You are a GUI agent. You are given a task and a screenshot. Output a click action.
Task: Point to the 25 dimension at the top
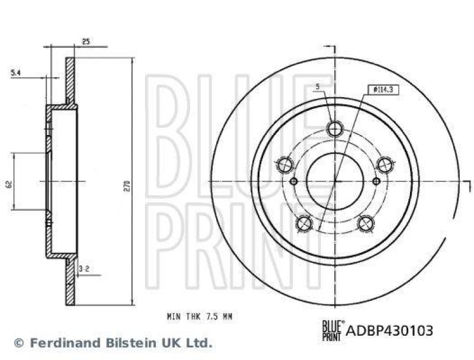coord(85,41)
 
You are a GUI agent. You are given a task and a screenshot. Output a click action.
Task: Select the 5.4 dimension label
coord(16,72)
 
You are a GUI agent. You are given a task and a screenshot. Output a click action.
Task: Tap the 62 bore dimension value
coord(8,184)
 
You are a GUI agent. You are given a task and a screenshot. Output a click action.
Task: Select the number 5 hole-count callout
coord(318,87)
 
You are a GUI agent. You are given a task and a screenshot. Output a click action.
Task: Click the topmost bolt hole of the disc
coord(335,128)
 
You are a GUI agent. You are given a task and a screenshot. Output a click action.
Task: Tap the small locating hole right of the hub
coord(376,181)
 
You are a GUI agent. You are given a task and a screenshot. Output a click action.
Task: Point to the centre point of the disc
coord(335,181)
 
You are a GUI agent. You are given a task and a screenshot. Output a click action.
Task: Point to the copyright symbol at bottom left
coord(20,342)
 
